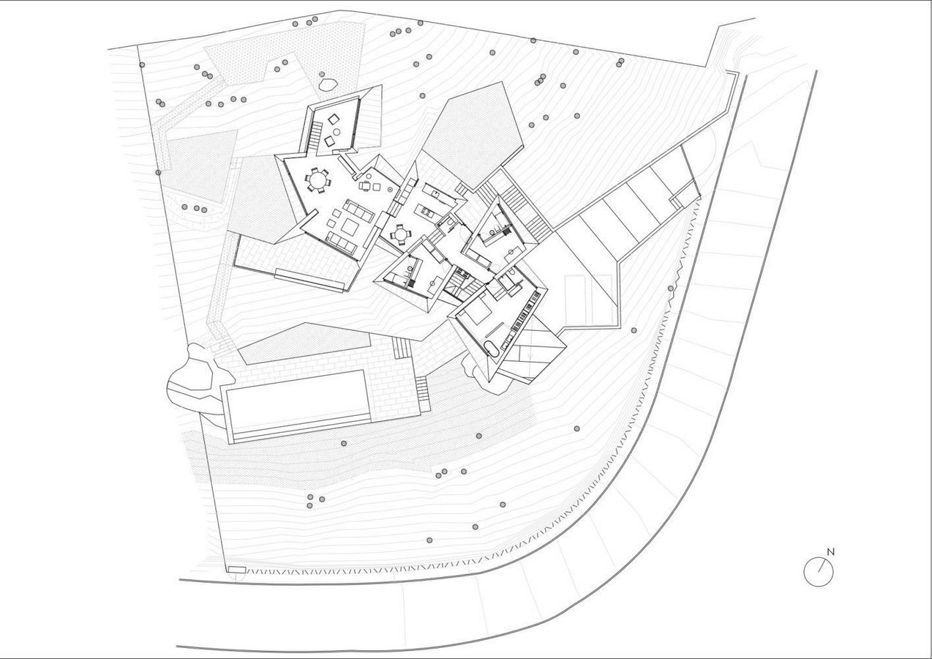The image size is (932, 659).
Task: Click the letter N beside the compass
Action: click(830, 552)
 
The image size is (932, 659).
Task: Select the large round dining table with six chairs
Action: click(318, 181)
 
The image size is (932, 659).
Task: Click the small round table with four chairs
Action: click(399, 234)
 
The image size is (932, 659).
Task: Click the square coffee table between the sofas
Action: click(350, 227)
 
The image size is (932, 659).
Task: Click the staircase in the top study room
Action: click(315, 135)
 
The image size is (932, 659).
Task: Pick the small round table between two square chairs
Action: click(337, 131)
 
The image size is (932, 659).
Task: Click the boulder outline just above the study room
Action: click(327, 84)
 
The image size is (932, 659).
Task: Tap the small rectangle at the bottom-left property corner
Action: click(237, 570)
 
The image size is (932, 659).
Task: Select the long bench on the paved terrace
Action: click(310, 280)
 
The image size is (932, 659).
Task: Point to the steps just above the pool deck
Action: click(402, 348)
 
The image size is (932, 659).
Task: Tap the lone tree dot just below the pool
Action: click(344, 444)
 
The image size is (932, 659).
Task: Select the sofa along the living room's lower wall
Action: click(342, 244)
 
